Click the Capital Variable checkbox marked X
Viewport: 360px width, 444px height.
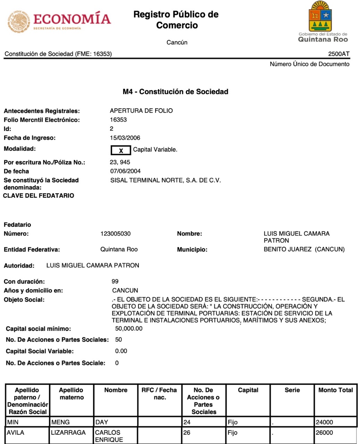coord(121,150)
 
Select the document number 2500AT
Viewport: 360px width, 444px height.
coord(338,54)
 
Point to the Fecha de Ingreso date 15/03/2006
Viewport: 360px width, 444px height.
coord(125,138)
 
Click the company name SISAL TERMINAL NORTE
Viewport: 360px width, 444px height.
coord(165,180)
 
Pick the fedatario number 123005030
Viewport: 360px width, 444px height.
coord(115,234)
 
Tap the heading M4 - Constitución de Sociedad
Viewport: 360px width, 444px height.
coord(175,92)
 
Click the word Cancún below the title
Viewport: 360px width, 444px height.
coord(177,42)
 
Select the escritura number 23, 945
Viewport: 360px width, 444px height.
coord(120,162)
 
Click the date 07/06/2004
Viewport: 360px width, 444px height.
coord(125,171)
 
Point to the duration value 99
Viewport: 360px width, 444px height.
coord(115,281)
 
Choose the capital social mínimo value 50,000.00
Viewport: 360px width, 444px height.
coord(128,328)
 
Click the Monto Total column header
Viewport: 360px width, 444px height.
coord(335,390)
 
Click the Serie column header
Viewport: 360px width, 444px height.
coord(292,390)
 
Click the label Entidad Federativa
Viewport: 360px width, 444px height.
coord(32,249)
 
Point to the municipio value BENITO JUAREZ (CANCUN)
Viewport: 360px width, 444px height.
coord(304,249)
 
